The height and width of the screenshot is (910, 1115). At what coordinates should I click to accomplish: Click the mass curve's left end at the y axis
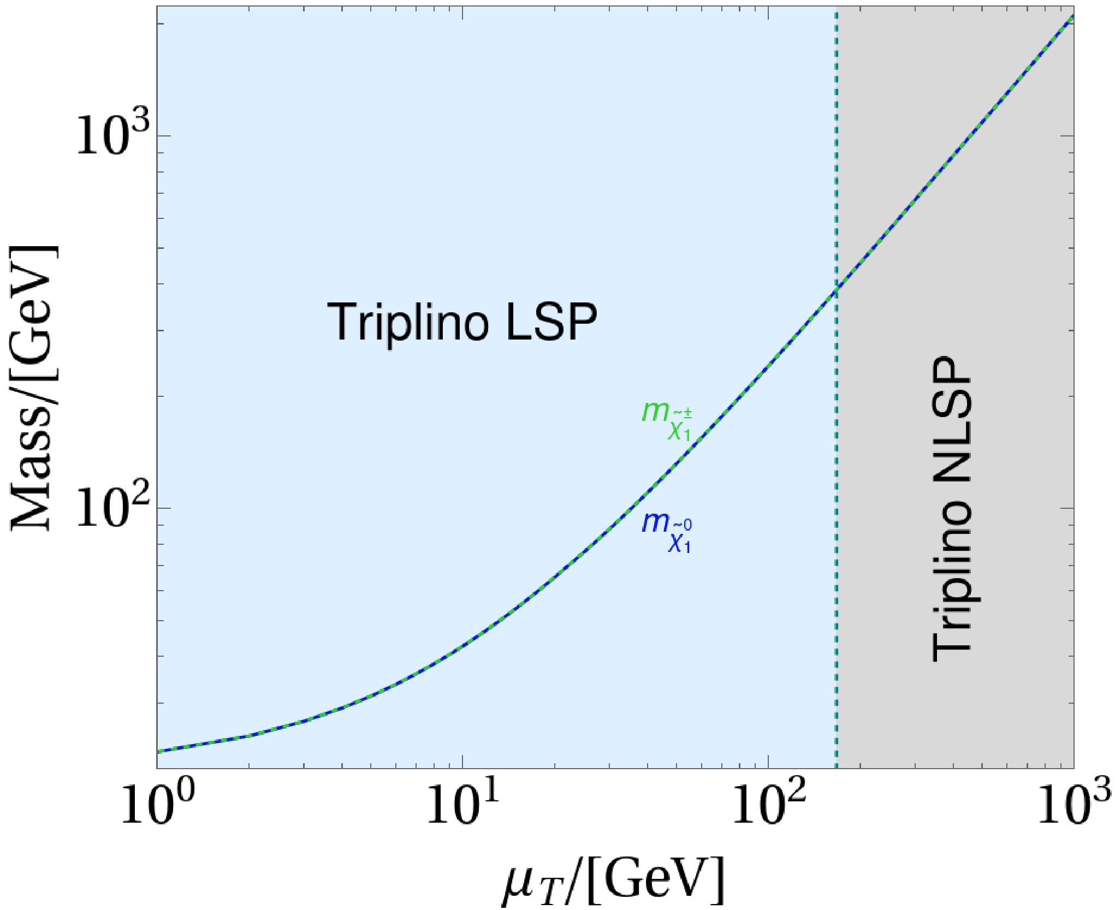click(x=158, y=751)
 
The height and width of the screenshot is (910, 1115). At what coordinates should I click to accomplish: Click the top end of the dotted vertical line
click(x=836, y=8)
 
